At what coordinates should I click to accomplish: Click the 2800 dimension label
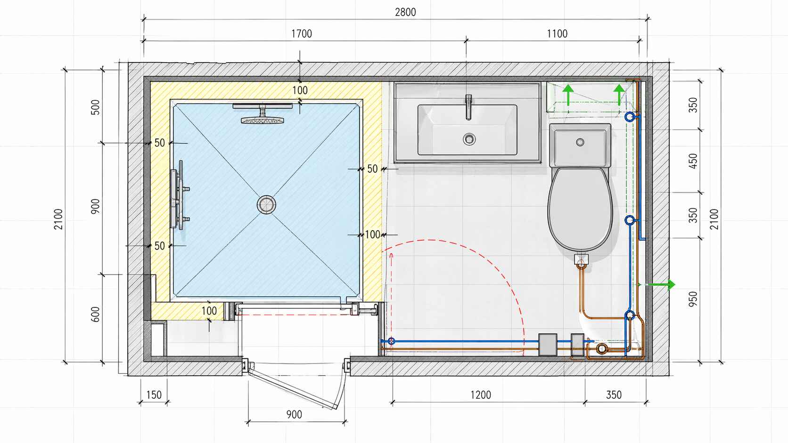(405, 12)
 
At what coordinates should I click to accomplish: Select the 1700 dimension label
(302, 34)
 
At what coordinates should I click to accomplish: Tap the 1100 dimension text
(557, 34)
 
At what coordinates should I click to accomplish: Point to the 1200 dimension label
(481, 395)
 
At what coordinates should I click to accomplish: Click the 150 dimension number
(154, 395)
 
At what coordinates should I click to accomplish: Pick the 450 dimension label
(693, 161)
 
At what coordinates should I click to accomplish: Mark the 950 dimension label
(693, 299)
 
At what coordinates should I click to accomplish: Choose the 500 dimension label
(95, 107)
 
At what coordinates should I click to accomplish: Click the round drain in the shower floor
(266, 204)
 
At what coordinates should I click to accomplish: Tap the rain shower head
(263, 113)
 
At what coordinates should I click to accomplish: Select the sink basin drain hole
(469, 139)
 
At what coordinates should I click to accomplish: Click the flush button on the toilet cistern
(580, 142)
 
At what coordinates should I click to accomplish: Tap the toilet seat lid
(580, 209)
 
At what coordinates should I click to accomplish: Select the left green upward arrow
(568, 95)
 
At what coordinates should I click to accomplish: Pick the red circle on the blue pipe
(392, 341)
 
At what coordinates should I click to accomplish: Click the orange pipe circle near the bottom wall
(602, 348)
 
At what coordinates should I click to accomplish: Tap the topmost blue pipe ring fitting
(630, 117)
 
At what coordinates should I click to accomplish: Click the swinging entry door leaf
(294, 387)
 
